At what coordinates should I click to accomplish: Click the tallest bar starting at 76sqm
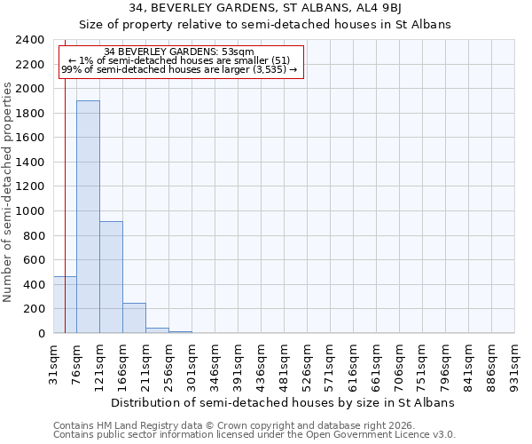point(88,217)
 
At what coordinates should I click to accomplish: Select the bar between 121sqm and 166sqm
point(111,277)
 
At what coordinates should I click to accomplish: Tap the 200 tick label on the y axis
point(35,309)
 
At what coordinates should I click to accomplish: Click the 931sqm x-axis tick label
point(515,365)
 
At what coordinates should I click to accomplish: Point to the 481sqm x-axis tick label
point(285,365)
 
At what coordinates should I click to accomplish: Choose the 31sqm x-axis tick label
point(54,363)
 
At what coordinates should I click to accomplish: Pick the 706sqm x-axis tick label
point(400,365)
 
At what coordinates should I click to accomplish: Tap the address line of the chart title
point(265,8)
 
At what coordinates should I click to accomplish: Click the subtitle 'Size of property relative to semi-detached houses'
point(265,25)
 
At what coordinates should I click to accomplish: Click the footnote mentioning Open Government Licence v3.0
point(254,434)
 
